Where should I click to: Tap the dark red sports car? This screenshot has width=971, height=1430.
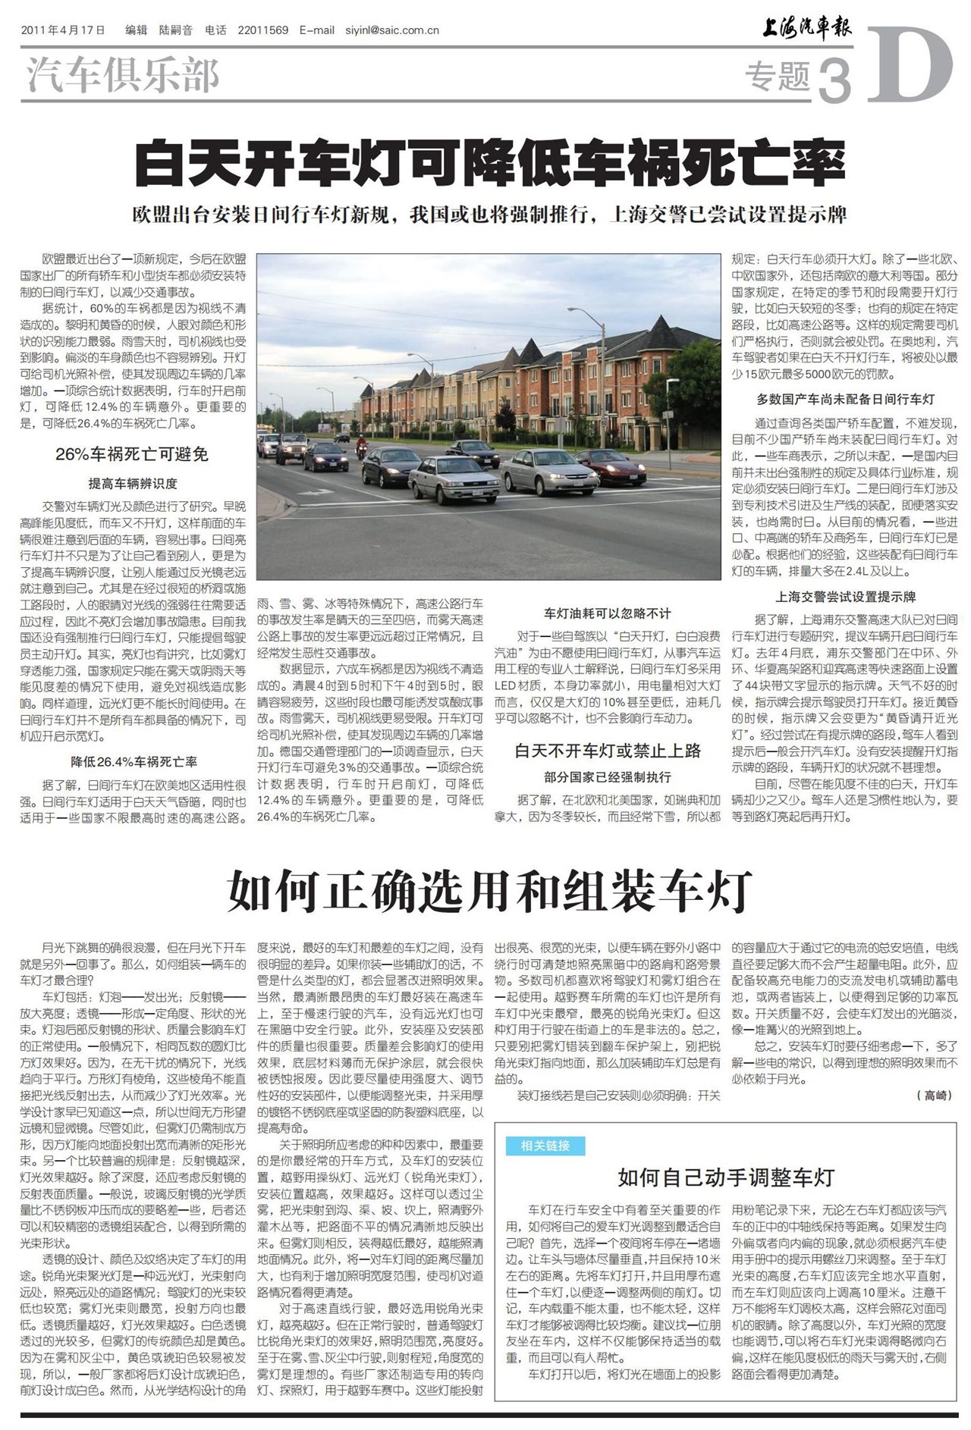(x=611, y=466)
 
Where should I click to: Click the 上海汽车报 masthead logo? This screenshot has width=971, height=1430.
(x=807, y=29)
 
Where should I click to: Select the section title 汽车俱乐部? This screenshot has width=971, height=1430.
(x=123, y=76)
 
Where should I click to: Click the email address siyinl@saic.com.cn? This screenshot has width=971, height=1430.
(x=392, y=30)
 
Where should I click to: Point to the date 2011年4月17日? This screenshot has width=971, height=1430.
(x=63, y=30)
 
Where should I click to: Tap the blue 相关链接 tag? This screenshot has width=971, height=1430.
(x=545, y=1146)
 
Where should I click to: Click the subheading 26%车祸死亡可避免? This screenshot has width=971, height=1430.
(x=132, y=455)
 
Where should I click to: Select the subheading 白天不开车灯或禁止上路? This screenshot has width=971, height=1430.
(x=608, y=751)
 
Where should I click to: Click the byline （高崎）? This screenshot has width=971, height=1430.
(x=934, y=1096)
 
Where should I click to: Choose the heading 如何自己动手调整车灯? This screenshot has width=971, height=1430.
(x=726, y=1178)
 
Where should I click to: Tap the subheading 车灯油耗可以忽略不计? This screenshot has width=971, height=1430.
(x=608, y=613)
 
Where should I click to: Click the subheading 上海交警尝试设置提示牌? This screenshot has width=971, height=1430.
(x=845, y=597)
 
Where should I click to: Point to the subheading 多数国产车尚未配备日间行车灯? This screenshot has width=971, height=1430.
(x=845, y=399)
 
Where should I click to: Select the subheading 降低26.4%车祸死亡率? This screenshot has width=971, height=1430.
(x=134, y=762)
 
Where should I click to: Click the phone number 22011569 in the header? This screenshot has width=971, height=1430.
(x=262, y=30)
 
